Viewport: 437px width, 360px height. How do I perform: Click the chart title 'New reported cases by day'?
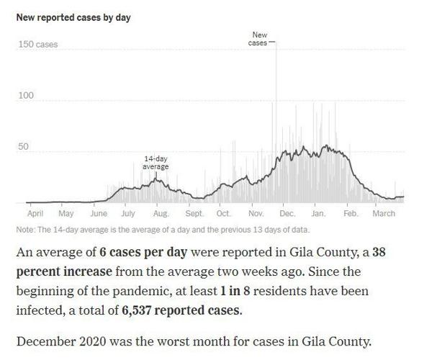[73, 17]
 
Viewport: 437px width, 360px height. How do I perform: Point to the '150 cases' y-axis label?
[37, 45]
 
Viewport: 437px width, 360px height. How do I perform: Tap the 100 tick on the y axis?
[26, 95]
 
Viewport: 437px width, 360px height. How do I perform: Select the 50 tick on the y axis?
[24, 147]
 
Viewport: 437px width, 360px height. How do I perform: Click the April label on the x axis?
[35, 214]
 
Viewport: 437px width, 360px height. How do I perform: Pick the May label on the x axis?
[66, 214]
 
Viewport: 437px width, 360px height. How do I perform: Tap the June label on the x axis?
[99, 214]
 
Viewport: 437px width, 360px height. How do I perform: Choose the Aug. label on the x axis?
[161, 214]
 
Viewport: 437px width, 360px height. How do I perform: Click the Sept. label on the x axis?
[194, 214]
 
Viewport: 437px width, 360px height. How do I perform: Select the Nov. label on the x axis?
[256, 214]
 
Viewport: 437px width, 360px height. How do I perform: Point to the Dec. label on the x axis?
[287, 214]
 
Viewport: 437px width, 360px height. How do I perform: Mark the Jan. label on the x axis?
[318, 214]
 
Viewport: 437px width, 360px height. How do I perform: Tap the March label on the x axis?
[383, 214]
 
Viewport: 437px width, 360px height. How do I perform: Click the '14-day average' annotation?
[156, 163]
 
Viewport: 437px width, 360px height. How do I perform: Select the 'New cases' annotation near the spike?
[258, 39]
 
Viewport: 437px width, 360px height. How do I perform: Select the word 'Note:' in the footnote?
[26, 230]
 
